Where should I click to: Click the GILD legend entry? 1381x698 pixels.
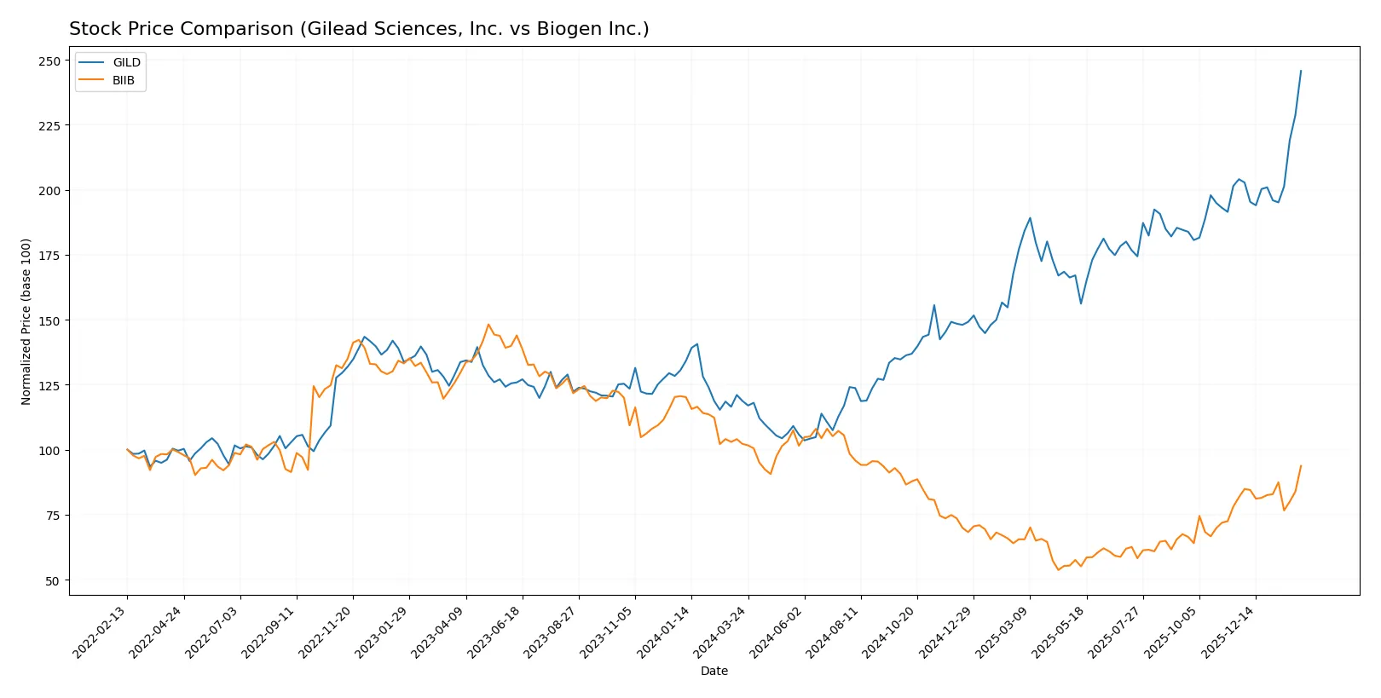pos(126,62)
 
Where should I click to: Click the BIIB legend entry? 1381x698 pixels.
pos(123,80)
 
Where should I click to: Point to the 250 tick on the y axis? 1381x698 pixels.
pos(49,61)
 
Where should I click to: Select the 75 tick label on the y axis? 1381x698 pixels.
pos(53,516)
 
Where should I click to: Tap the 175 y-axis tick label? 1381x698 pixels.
pos(49,256)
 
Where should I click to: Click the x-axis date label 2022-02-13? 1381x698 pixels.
pos(101,633)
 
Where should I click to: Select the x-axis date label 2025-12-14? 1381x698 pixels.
pos(1228,633)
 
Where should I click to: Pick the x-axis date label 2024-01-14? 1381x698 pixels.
pos(664,633)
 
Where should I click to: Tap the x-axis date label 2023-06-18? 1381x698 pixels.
pos(495,633)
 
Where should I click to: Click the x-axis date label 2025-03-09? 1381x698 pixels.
pos(1003,633)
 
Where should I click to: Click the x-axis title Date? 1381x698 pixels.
pos(714,671)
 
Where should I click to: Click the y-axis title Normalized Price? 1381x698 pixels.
pos(26,321)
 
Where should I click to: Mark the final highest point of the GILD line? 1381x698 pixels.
pos(1301,71)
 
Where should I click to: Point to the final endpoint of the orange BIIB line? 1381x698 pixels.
pos(1301,465)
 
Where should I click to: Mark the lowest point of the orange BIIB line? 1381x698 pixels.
pos(1059,569)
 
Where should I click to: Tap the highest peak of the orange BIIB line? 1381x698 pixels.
pos(488,324)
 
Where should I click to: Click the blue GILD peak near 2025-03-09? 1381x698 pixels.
pos(1030,217)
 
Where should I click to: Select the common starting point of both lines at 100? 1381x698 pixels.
pos(128,449)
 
